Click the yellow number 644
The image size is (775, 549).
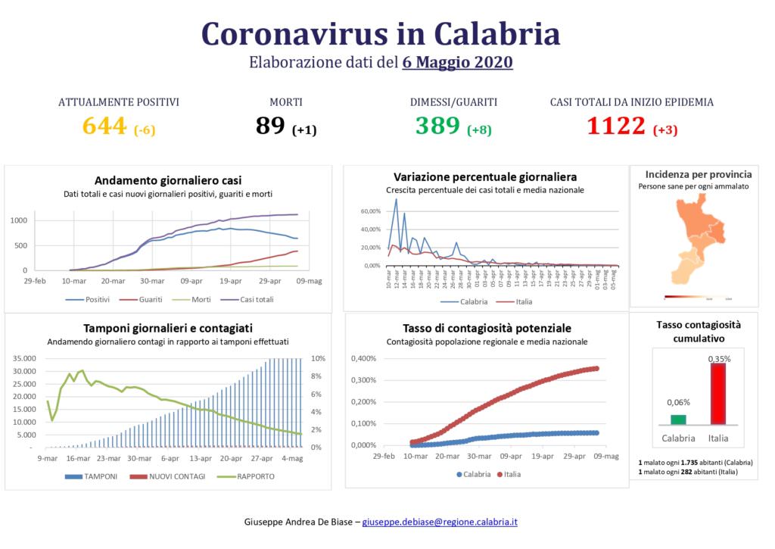point(104,126)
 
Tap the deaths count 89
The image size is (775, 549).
point(270,126)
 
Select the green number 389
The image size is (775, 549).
point(437,126)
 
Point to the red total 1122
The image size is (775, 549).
point(616,126)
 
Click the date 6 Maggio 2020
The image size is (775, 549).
point(457,62)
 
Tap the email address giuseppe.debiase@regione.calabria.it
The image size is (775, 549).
point(440,522)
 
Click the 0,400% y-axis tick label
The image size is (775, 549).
point(362,359)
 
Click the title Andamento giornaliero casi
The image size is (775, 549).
point(168,180)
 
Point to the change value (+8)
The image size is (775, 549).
point(479,129)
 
